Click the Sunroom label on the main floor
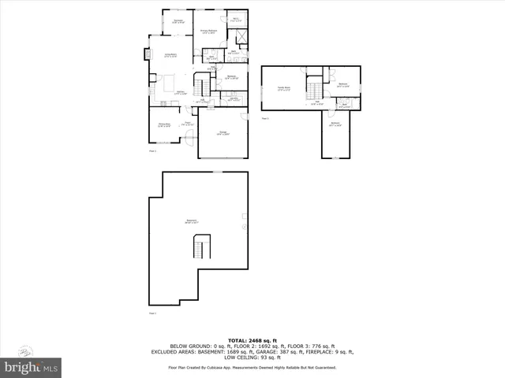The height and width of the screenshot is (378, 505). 178,21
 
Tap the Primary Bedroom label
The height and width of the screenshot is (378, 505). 208,31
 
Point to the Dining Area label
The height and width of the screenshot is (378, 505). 164,125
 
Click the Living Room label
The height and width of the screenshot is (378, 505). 170,55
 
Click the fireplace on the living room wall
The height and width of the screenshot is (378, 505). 147,54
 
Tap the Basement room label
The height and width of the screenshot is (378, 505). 191,220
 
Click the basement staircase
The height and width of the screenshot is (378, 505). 200,250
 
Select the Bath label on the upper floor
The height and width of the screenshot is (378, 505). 343,104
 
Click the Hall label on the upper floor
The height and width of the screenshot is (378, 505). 317,103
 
